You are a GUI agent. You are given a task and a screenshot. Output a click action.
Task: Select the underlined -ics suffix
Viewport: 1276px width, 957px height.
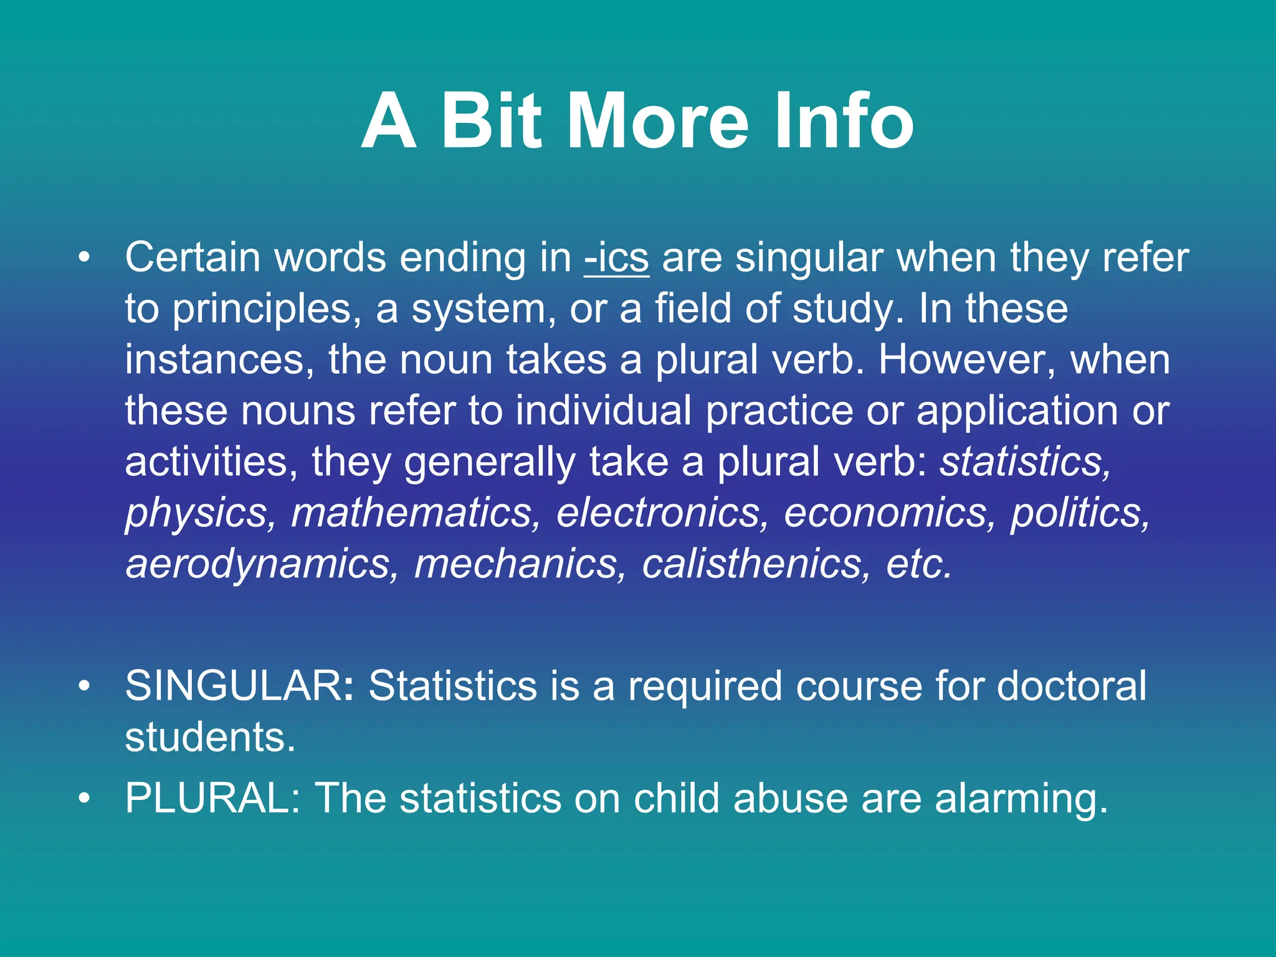pos(617,258)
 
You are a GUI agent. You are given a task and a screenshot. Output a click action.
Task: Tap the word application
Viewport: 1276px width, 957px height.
pos(1017,412)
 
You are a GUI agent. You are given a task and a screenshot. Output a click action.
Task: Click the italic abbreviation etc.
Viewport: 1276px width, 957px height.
pos(920,564)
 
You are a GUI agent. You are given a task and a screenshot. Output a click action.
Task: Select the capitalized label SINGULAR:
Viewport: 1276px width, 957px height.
pos(239,687)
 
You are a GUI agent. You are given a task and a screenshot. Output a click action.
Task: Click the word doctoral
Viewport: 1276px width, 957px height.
pos(1071,687)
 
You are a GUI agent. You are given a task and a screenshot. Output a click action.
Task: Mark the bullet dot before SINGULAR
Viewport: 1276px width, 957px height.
pos(85,687)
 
